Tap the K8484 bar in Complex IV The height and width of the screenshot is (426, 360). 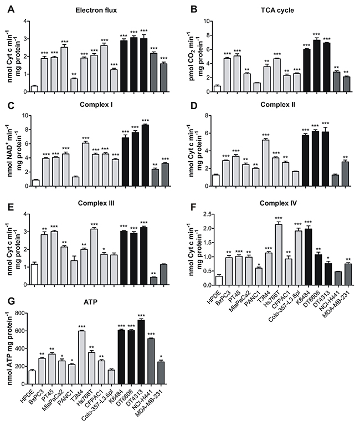[x=308, y=256]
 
